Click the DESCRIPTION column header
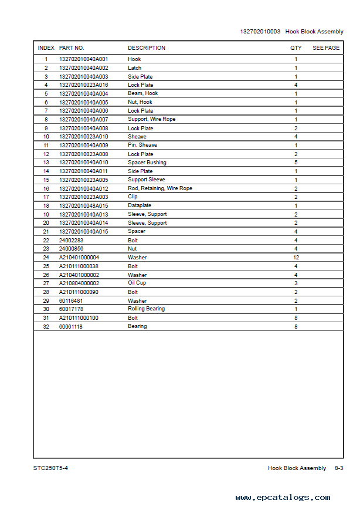click(147, 48)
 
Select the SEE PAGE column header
click(325, 48)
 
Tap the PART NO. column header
click(72, 48)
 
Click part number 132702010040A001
click(84, 59)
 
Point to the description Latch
click(134, 68)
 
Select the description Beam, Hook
click(142, 93)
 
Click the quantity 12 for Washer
click(296, 258)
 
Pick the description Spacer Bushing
click(147, 163)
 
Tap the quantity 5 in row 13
click(296, 163)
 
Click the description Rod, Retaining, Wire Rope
click(159, 188)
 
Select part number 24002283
click(71, 241)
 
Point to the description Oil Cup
click(137, 283)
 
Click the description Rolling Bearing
click(146, 309)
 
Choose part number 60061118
click(71, 326)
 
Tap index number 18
click(46, 206)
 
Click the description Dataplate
click(140, 206)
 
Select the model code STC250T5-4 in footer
click(55, 468)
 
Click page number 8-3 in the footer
click(339, 468)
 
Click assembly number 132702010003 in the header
click(260, 31)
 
